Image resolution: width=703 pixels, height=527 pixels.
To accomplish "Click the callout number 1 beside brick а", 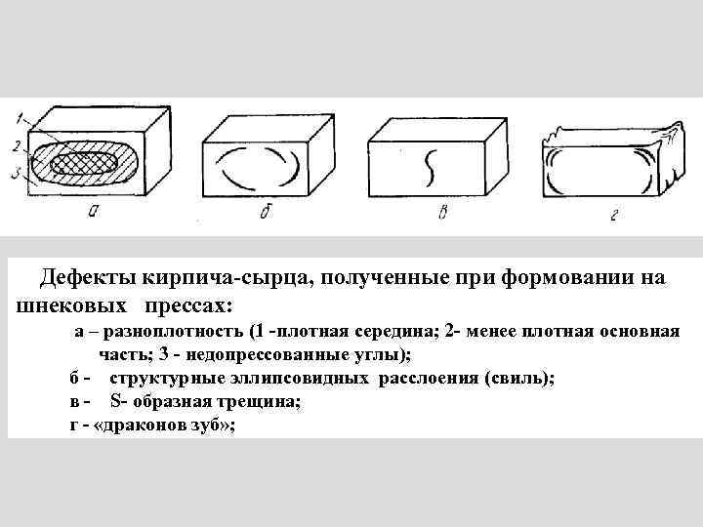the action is coord(19,119).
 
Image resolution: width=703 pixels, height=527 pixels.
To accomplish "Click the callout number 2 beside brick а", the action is coord(18,146).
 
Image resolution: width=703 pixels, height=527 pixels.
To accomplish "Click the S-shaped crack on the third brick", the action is coord(427,169).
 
